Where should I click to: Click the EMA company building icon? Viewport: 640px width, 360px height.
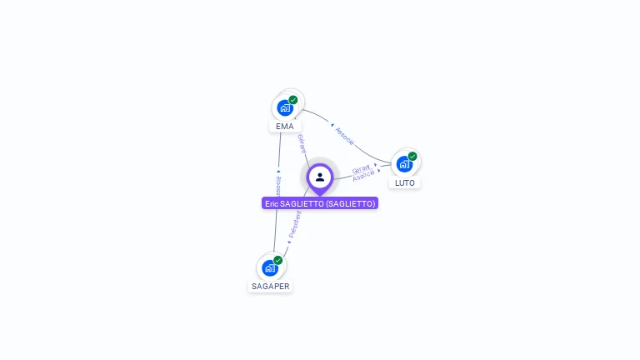point(285,107)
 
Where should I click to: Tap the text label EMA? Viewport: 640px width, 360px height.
point(285,127)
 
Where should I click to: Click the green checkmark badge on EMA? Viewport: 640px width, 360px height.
point(293,100)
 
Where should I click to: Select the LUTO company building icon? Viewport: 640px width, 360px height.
point(404,163)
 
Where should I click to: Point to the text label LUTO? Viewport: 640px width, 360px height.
point(405,182)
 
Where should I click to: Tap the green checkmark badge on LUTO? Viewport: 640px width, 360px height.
point(412,156)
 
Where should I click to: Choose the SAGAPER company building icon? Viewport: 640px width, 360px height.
point(270,267)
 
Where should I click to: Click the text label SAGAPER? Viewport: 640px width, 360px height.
point(271,286)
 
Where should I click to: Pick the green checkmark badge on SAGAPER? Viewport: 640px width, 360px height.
point(278,260)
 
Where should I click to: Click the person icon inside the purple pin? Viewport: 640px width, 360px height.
point(320,177)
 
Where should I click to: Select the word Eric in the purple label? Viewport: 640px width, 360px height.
point(272,203)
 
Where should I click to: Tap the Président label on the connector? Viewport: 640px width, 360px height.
point(295,224)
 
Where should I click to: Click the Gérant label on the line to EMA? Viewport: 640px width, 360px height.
point(302,142)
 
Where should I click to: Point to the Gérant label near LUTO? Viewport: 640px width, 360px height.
point(361,168)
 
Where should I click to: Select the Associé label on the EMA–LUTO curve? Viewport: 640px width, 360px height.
point(344,136)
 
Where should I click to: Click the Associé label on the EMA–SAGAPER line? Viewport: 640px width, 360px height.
point(278,186)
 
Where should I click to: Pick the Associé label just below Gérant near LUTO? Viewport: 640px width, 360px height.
point(363,176)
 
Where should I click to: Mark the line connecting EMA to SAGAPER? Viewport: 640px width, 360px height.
point(277,217)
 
